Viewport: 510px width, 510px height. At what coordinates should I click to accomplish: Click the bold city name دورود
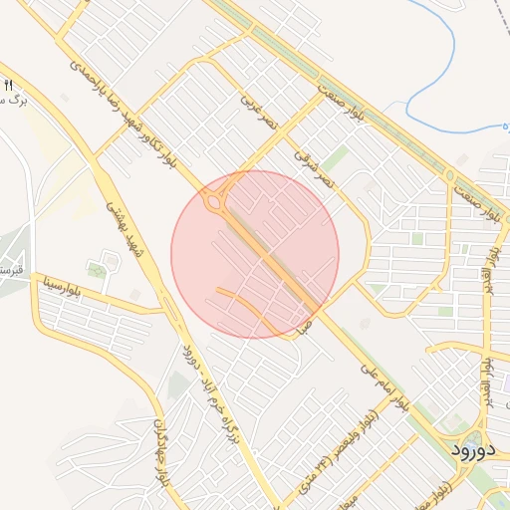click(472, 449)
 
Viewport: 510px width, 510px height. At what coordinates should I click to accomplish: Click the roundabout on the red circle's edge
click(213, 202)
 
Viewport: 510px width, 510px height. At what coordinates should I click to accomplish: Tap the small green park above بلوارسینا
click(97, 270)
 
